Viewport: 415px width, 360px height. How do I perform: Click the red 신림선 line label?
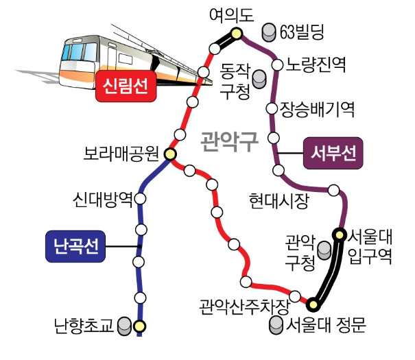click(x=126, y=86)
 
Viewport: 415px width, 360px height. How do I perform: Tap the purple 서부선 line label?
click(x=333, y=153)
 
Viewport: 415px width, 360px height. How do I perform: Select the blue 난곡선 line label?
click(x=75, y=246)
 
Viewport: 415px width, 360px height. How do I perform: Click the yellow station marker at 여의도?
click(x=236, y=34)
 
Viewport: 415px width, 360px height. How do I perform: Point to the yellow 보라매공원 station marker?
click(x=169, y=154)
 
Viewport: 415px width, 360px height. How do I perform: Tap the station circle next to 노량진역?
click(x=277, y=65)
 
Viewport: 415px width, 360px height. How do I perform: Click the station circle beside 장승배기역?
click(x=272, y=108)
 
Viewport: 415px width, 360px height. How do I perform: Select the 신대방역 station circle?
click(x=140, y=199)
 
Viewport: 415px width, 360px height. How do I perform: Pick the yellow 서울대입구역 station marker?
click(x=339, y=235)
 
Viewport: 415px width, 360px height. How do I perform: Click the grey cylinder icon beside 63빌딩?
click(x=269, y=32)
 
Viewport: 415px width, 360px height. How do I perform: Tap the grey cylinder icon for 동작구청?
click(x=259, y=79)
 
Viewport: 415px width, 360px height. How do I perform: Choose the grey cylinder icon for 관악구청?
click(x=324, y=250)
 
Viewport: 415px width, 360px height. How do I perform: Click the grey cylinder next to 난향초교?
click(x=124, y=326)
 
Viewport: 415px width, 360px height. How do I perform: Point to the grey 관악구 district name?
click(x=230, y=141)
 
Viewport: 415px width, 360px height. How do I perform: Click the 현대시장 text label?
click(x=279, y=202)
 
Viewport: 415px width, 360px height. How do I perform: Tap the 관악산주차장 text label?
click(x=244, y=307)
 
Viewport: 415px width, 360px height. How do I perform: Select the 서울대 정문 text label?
click(x=326, y=325)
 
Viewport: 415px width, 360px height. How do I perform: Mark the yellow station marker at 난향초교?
click(x=140, y=326)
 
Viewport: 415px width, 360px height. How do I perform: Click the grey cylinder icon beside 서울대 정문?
click(x=276, y=325)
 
